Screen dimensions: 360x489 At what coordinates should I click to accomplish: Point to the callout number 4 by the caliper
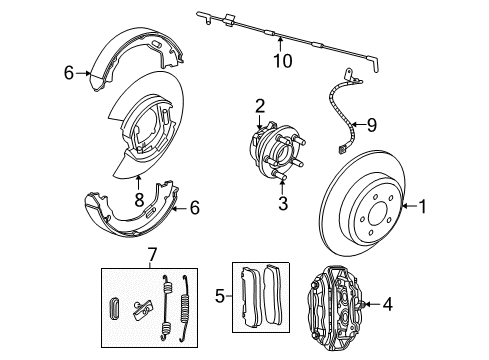pos(416,303)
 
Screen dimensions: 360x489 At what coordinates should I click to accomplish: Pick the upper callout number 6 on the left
pos(69,72)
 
